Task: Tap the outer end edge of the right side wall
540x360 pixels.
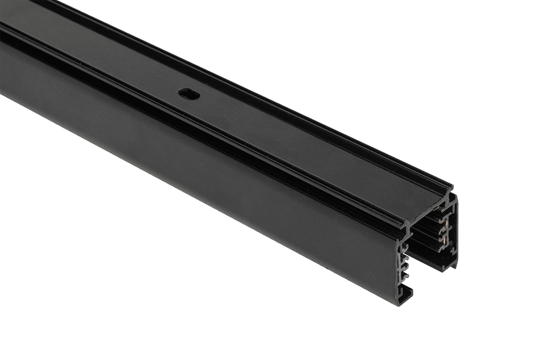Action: pyautogui.click(x=456, y=235)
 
